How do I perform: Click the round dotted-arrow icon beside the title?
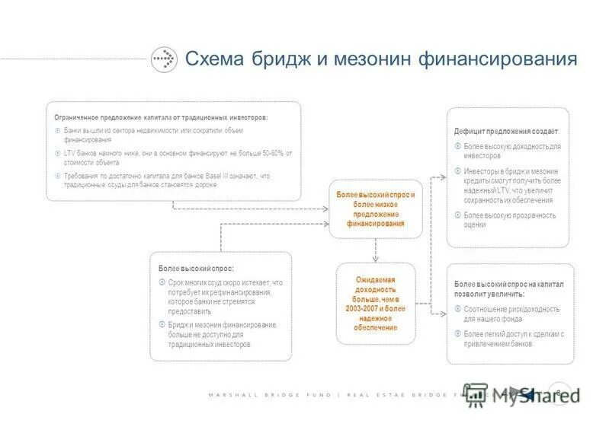163,59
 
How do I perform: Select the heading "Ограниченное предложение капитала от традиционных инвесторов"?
161,117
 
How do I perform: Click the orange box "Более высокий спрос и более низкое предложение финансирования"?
375,210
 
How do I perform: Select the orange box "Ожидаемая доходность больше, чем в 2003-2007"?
375,303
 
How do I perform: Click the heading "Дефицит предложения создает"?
506,132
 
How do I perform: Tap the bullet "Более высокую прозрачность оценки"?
509,220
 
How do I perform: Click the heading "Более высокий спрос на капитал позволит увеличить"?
508,288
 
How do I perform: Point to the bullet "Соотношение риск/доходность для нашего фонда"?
511,314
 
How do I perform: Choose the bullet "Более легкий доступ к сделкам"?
512,339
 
